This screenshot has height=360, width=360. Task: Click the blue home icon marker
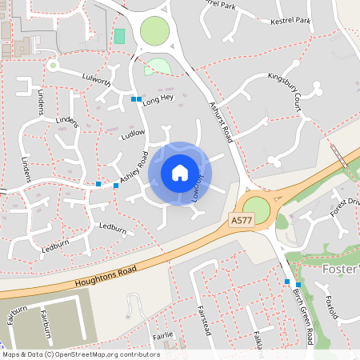click(180, 172)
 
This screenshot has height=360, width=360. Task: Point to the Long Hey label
click(158, 98)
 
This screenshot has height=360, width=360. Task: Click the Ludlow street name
click(132, 134)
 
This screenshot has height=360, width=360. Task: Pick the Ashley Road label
click(134, 168)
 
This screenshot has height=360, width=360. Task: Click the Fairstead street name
click(203, 319)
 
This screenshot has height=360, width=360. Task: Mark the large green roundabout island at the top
click(155, 32)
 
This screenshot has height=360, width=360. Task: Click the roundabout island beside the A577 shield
click(257, 210)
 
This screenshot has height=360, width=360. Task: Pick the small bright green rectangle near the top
click(120, 36)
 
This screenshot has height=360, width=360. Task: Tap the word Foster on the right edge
click(341, 269)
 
